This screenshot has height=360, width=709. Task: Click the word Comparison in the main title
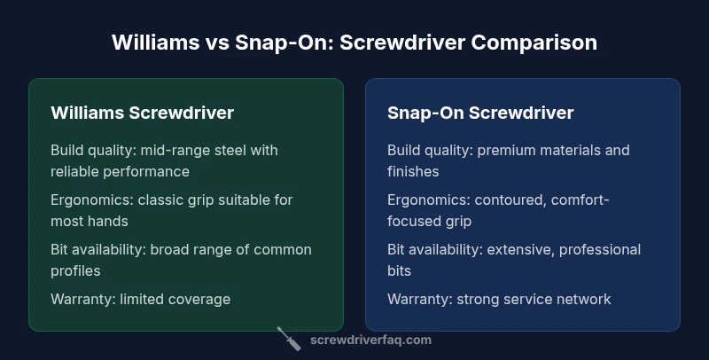[x=534, y=43]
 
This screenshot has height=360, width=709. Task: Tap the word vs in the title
[x=217, y=43]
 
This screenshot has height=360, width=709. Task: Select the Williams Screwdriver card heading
[x=142, y=113]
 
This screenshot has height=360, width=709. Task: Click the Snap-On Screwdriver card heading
[x=480, y=113]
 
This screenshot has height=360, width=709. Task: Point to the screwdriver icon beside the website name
[x=289, y=339]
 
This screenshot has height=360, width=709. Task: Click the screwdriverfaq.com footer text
[x=370, y=340]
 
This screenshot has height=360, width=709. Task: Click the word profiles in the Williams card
[x=75, y=271]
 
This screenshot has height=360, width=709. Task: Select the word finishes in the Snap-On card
[x=413, y=171]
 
